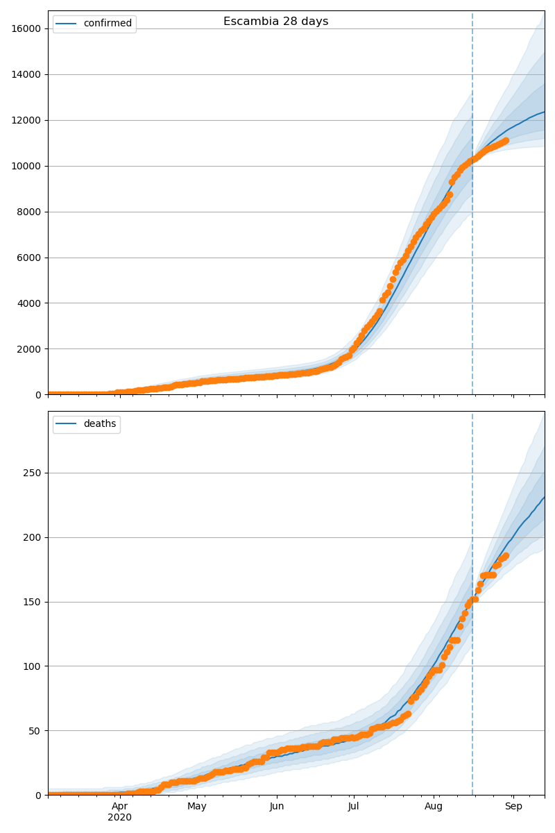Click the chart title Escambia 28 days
[x=275, y=22]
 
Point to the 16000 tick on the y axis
[x=26, y=28]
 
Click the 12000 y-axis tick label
[x=26, y=120]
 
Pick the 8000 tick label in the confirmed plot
[x=28, y=212]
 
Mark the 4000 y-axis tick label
[x=28, y=303]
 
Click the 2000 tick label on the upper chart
[x=28, y=349]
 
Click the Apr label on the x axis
[x=120, y=807]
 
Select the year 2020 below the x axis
[x=120, y=818]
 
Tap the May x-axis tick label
[x=197, y=807]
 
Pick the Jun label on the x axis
[x=277, y=807]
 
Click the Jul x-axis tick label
[x=354, y=807]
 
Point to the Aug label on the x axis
[x=434, y=807]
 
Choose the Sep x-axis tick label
[x=513, y=807]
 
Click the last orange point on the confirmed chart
[x=506, y=140]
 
